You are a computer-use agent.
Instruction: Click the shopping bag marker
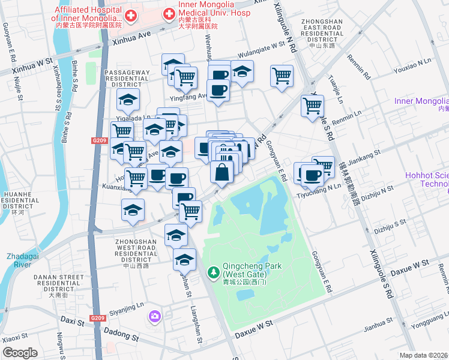pos(221,172)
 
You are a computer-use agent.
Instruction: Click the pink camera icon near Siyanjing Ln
pos(155,316)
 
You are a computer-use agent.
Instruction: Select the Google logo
pos(20,353)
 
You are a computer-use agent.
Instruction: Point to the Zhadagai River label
pos(26,259)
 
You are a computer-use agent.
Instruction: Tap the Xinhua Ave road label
pos(128,36)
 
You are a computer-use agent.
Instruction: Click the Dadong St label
pos(121,331)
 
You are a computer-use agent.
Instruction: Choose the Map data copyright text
pos(424,355)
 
